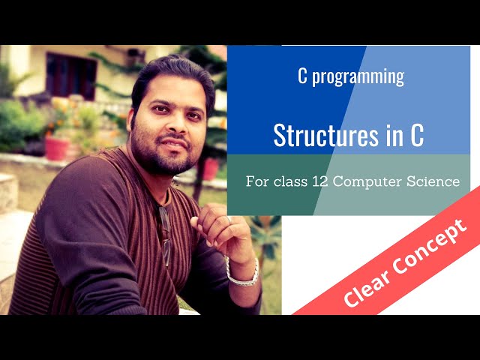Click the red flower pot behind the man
point(56,147)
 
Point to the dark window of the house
point(71,76)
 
